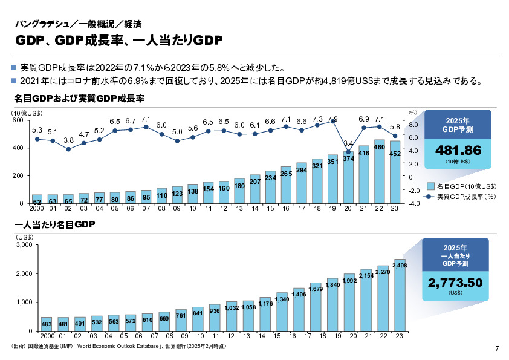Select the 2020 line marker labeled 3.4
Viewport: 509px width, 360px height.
(x=348, y=152)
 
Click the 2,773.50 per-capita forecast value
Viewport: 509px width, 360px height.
(x=455, y=283)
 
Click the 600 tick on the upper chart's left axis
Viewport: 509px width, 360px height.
(x=19, y=120)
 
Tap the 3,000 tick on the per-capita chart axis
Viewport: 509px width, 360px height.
(x=23, y=246)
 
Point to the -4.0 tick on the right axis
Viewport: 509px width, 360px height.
(x=414, y=203)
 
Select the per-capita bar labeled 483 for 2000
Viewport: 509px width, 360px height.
(x=46, y=324)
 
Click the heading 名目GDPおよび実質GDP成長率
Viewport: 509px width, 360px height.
(x=79, y=97)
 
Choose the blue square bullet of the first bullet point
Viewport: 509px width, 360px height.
(x=15, y=67)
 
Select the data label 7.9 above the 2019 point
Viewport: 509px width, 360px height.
(x=332, y=119)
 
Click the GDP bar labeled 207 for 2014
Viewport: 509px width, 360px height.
(x=254, y=189)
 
